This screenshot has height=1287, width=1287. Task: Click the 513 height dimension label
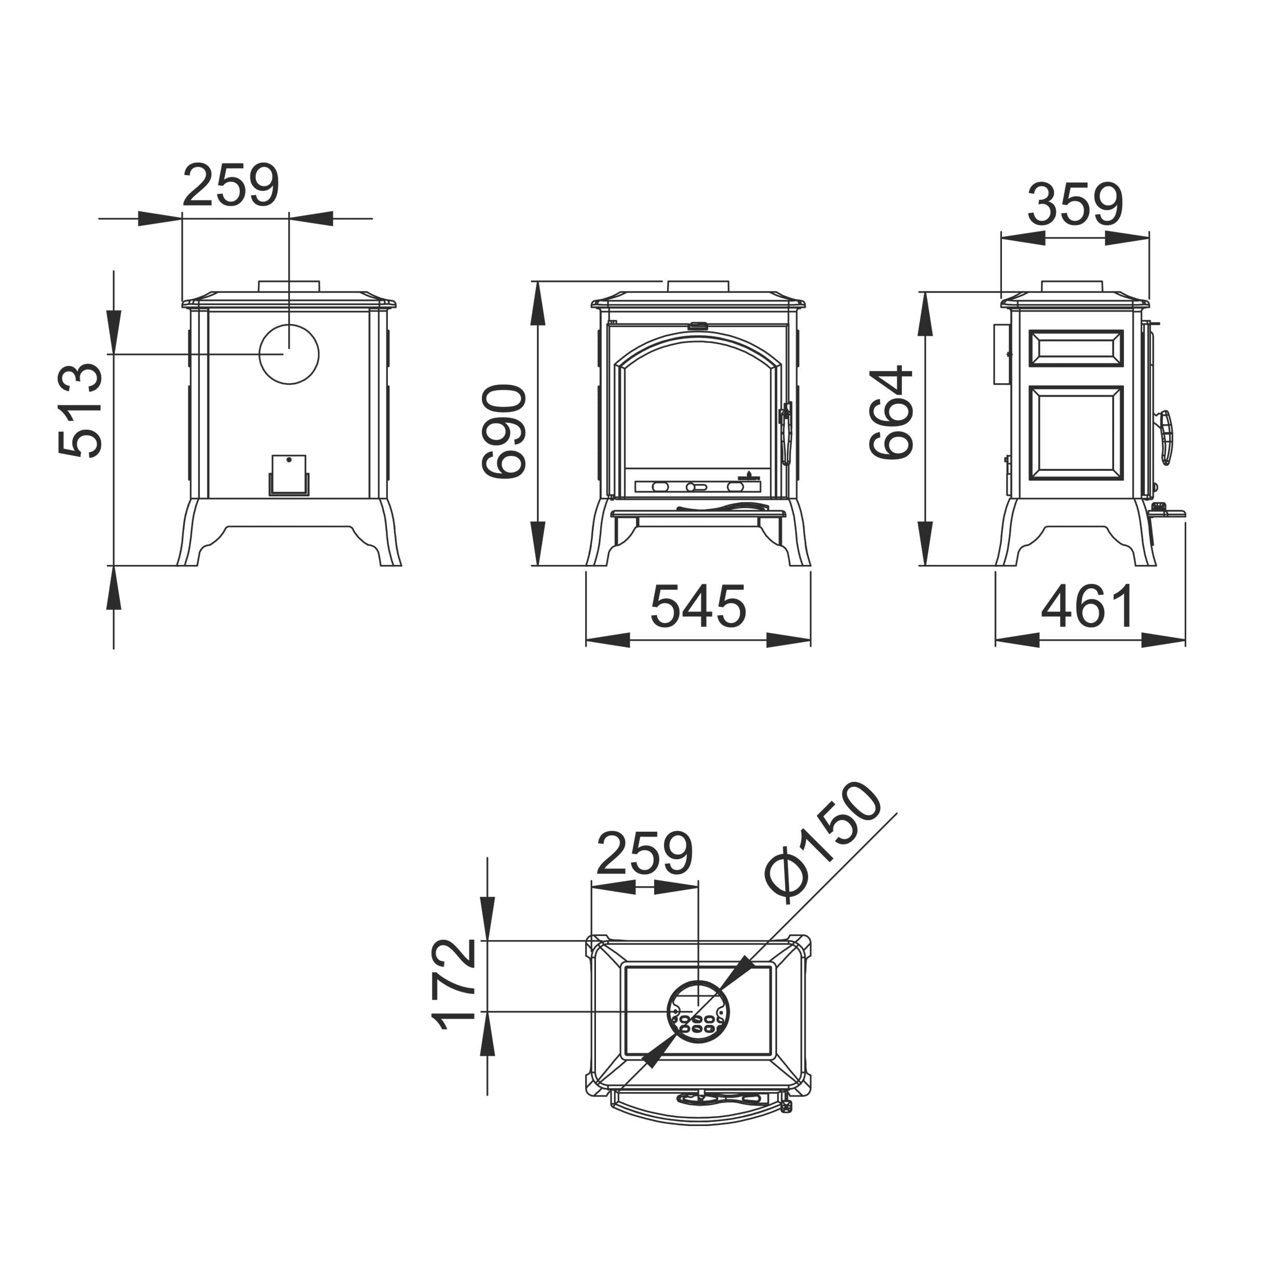pyautogui.click(x=80, y=410)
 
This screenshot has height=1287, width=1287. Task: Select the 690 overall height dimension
pyautogui.click(x=504, y=431)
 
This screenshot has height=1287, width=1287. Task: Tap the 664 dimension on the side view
pyautogui.click(x=891, y=412)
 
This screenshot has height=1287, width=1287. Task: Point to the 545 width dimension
pyautogui.click(x=698, y=606)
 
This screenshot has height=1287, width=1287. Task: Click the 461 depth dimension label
pyautogui.click(x=1088, y=606)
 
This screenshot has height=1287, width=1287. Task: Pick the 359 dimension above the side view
pyautogui.click(x=1075, y=205)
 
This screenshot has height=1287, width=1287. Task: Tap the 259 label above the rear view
pyautogui.click(x=231, y=185)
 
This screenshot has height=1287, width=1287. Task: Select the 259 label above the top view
pyautogui.click(x=644, y=854)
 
